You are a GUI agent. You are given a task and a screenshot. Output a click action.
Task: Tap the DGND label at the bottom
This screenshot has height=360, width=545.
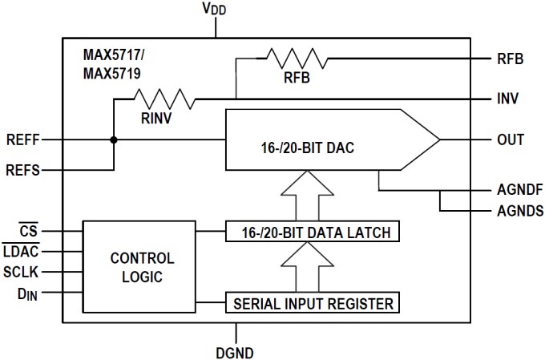pyautogui.click(x=236, y=350)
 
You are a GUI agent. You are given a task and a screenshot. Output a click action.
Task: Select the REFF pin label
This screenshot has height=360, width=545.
pyautogui.click(x=21, y=140)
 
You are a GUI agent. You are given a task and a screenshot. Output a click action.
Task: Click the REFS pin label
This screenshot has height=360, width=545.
pyautogui.click(x=21, y=170)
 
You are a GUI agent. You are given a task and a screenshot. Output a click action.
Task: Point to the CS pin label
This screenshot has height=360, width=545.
pyautogui.click(x=29, y=231)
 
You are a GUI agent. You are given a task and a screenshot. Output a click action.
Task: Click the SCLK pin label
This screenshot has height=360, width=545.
pyautogui.click(x=22, y=273)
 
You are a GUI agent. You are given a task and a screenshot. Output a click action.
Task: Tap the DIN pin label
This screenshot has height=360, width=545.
pyautogui.click(x=27, y=294)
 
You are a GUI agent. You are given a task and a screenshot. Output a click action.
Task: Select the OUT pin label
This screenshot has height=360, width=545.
pyautogui.click(x=511, y=140)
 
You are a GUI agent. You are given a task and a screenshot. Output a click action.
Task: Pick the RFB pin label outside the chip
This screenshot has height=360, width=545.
pyautogui.click(x=510, y=59)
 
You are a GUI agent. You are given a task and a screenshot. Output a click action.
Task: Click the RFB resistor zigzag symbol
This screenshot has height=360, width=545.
pyautogui.click(x=297, y=58)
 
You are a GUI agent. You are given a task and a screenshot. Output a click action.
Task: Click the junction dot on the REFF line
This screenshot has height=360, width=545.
pyautogui.click(x=114, y=140)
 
